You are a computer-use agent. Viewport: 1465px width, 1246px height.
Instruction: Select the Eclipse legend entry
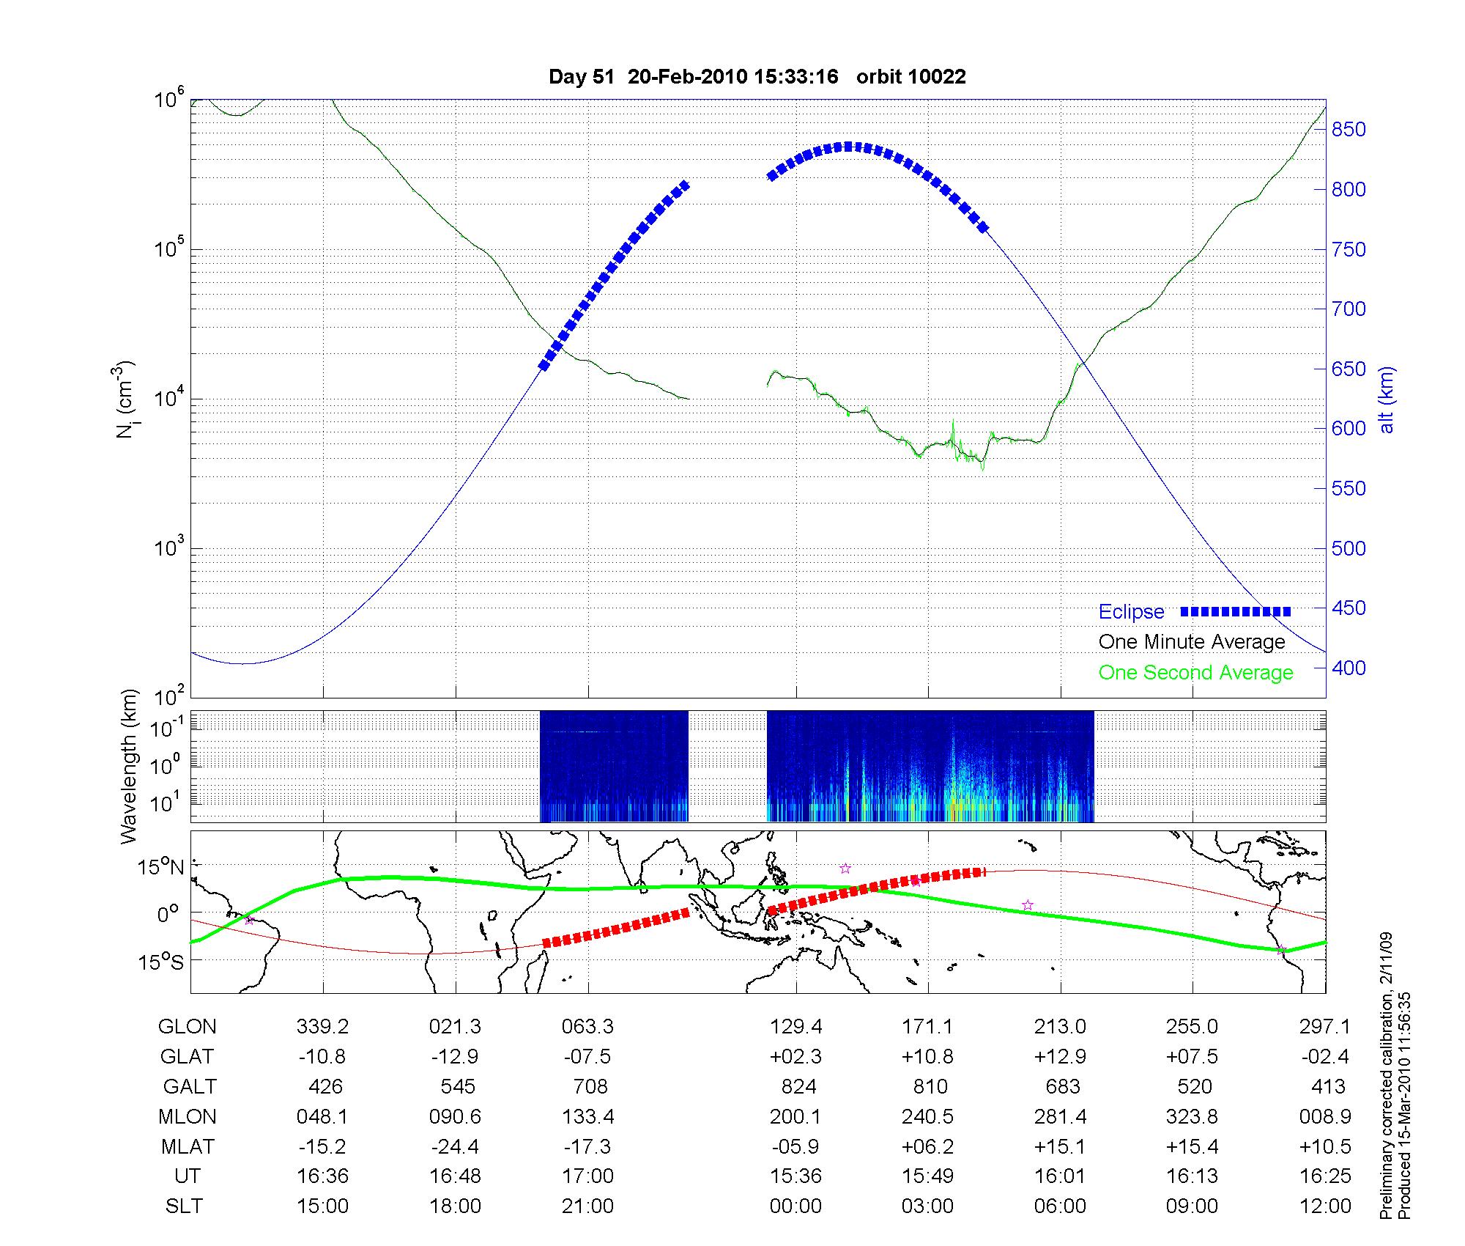click(1131, 612)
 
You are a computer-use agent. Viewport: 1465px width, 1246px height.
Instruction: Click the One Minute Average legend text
click(1192, 642)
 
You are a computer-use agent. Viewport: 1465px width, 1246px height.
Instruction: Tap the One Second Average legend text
click(1195, 673)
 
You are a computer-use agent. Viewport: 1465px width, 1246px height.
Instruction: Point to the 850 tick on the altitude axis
click(1349, 130)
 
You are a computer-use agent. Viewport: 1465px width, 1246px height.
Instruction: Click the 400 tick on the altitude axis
click(1349, 668)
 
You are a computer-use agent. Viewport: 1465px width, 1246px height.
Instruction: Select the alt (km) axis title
click(1387, 399)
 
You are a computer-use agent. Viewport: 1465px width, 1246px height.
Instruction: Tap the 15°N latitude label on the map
click(162, 868)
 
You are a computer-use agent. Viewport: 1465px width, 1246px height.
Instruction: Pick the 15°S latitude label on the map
click(162, 962)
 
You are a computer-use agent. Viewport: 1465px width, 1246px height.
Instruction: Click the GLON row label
click(187, 1027)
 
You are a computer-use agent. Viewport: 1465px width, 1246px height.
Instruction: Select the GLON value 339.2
click(322, 1027)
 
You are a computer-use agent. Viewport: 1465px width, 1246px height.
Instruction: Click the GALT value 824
click(798, 1086)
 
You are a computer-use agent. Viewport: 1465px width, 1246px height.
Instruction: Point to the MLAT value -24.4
click(455, 1146)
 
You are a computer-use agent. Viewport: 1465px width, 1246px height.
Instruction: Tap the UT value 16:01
click(1060, 1176)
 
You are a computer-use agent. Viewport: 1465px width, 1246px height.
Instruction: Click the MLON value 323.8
click(1193, 1116)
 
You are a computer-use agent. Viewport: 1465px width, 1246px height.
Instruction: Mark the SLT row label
click(184, 1206)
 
